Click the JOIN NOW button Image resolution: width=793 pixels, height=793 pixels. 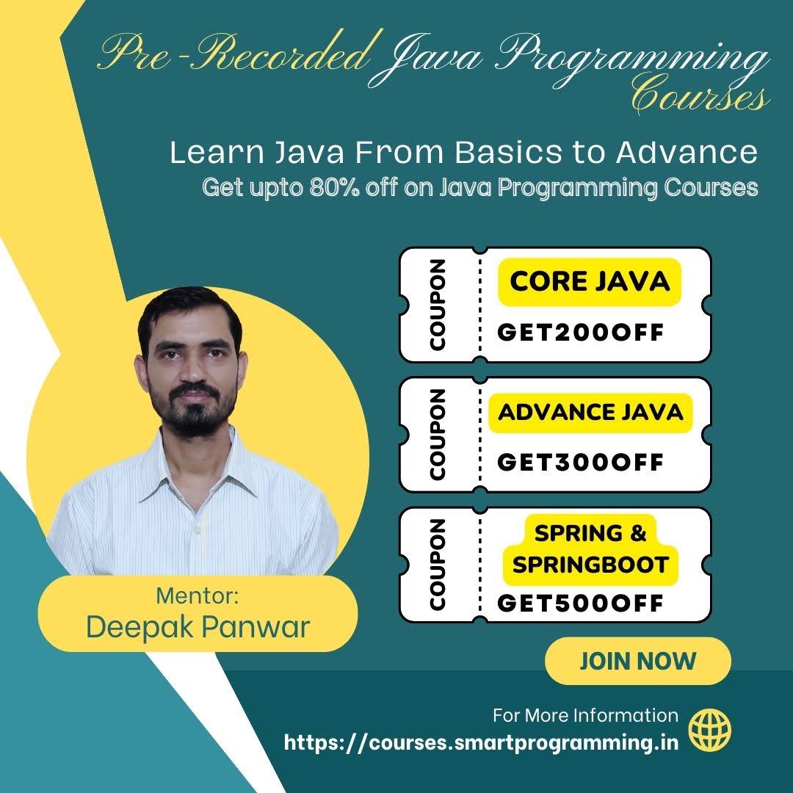point(637,661)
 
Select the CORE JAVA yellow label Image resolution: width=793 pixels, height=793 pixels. point(590,281)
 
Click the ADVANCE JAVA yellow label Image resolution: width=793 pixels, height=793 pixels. point(590,412)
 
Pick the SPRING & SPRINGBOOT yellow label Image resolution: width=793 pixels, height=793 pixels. point(590,549)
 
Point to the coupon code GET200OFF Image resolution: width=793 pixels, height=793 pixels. point(580,333)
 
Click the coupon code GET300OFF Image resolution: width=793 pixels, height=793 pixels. point(580,462)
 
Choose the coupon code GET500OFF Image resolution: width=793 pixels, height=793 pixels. point(580,603)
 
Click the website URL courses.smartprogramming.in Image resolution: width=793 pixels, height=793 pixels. point(481,742)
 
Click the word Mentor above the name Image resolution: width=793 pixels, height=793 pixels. point(198,595)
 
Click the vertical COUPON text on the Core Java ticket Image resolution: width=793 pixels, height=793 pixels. point(438,304)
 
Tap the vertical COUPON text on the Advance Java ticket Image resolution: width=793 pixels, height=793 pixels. point(438,434)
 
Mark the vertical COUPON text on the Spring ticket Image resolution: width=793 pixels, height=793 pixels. point(438,565)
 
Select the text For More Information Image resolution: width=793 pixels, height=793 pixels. point(585,715)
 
